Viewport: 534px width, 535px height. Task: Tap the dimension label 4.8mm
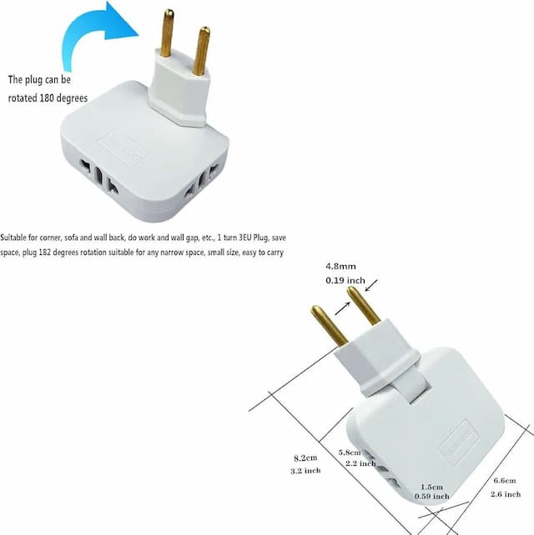pyautogui.click(x=340, y=266)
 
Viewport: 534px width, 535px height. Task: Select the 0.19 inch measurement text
pyautogui.click(x=345, y=281)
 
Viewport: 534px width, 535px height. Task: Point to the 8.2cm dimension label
pyautogui.click(x=305, y=457)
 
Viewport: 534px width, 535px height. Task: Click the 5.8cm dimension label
pyautogui.click(x=350, y=452)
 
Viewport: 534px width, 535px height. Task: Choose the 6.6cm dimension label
pyautogui.click(x=505, y=480)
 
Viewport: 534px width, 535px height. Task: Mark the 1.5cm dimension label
pyautogui.click(x=431, y=487)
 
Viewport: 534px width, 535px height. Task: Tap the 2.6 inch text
pyautogui.click(x=506, y=494)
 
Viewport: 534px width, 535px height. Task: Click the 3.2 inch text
pyautogui.click(x=305, y=471)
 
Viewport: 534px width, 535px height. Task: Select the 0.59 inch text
pyautogui.click(x=432, y=496)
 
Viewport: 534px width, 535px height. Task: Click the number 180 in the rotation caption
pyautogui.click(x=47, y=98)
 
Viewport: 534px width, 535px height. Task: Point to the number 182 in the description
pyautogui.click(x=45, y=252)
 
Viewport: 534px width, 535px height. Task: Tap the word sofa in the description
pyautogui.click(x=71, y=237)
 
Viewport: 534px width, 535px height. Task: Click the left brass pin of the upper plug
pyautogui.click(x=168, y=32)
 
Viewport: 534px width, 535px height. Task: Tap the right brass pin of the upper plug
pyautogui.click(x=201, y=51)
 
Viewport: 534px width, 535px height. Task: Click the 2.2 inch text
pyautogui.click(x=360, y=463)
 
